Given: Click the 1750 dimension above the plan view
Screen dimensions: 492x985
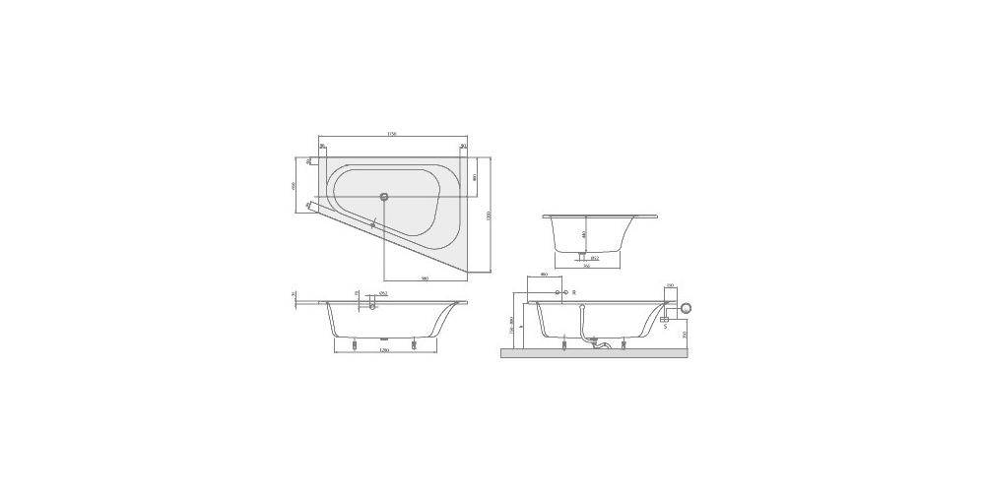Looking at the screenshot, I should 391,133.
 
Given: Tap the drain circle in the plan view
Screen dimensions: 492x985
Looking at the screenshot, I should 385,195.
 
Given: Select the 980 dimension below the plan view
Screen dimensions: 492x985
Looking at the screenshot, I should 425,278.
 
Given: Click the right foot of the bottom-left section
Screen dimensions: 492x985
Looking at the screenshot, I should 415,344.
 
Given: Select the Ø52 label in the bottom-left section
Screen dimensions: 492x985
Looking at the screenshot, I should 383,294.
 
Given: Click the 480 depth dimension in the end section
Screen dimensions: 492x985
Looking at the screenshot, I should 584,234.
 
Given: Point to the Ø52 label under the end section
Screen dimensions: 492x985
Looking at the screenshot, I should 595,258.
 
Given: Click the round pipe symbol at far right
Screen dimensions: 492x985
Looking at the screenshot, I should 687,308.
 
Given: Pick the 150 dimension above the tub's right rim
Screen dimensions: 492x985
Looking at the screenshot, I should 669,285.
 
